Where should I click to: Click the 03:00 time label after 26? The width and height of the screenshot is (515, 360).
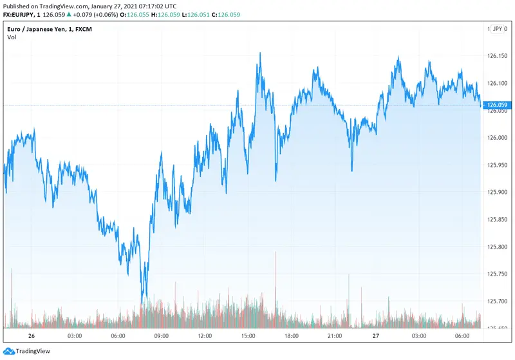coord(74,336)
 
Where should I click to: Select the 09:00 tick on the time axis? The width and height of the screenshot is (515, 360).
coord(161,336)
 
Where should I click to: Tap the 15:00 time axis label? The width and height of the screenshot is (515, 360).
coord(248,336)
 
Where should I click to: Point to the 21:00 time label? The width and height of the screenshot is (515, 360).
coord(335,336)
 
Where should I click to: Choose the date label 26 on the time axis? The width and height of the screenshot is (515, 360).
coord(31,336)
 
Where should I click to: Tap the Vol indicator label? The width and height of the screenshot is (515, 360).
coord(12,37)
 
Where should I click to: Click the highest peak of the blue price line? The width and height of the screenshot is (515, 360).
coord(260,53)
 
